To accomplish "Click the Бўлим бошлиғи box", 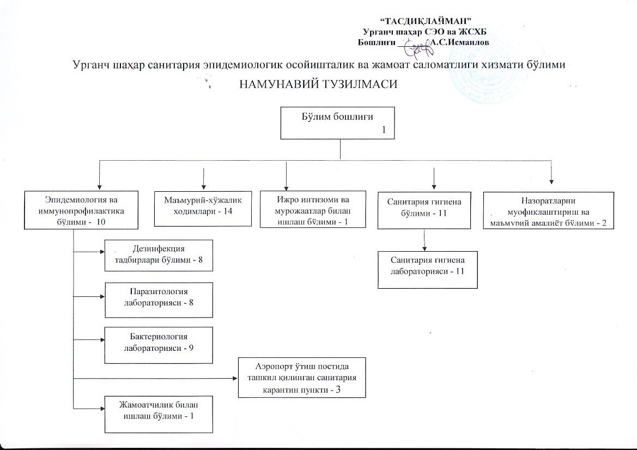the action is click(x=338, y=123).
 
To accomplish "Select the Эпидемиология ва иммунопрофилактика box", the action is click(x=81, y=210).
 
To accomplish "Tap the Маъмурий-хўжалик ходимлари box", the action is click(x=203, y=209).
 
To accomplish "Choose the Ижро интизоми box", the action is click(x=313, y=209).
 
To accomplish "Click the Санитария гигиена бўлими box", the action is click(x=424, y=210).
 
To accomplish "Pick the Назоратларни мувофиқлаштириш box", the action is click(x=548, y=210).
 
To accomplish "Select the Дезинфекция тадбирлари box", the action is click(x=159, y=256).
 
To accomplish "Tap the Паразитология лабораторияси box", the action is click(x=159, y=300).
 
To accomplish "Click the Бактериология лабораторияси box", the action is click(x=159, y=345).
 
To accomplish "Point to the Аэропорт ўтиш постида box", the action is click(x=302, y=378).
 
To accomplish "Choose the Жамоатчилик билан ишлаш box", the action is click(x=159, y=414).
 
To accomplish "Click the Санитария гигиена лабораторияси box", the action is click(x=427, y=270).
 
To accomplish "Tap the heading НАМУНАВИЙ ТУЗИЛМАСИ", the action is click(x=318, y=84).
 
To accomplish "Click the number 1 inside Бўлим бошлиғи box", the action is click(x=383, y=130).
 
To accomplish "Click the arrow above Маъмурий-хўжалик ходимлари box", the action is click(x=203, y=179).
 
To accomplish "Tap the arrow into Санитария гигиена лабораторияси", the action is click(x=424, y=240).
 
